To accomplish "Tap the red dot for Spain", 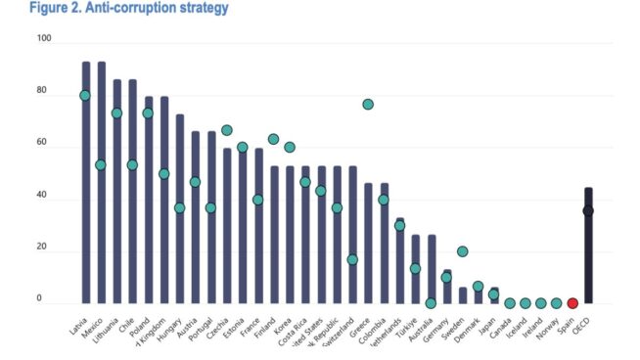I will [572, 303].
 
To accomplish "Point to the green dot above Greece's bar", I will [368, 105].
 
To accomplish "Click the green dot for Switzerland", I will [352, 260].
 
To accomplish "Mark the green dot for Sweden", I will [462, 251].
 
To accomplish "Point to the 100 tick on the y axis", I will [44, 39].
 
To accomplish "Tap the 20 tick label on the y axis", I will [44, 250].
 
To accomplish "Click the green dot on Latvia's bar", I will [85, 96].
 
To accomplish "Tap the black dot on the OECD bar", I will [588, 210].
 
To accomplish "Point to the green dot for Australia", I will [431, 303].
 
